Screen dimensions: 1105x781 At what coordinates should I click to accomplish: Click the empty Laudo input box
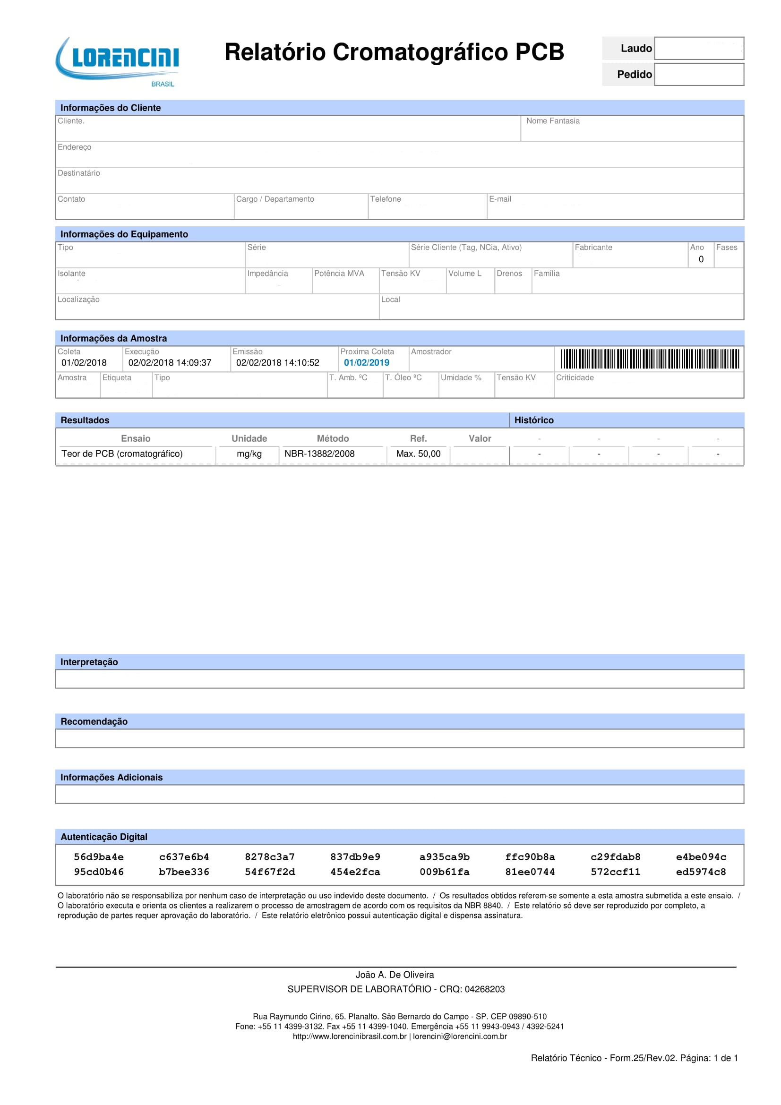[699, 48]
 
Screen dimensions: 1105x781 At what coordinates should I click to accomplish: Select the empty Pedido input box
[699, 75]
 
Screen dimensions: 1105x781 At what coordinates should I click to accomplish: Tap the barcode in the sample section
[650, 359]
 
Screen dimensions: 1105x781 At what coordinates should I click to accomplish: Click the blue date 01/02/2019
[366, 363]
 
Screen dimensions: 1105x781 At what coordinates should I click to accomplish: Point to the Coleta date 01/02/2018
[84, 363]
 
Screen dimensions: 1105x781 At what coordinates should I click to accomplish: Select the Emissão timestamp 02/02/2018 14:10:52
[278, 363]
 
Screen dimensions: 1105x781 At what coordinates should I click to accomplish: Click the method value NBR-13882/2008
[319, 454]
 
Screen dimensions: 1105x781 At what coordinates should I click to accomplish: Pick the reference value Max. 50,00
[418, 454]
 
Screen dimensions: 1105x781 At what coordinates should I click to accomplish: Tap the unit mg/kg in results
[249, 454]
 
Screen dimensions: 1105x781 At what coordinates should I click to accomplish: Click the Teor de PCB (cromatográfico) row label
[122, 454]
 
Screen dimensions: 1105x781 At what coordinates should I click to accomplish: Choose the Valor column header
[480, 438]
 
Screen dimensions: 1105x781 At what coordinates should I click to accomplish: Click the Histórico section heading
[533, 420]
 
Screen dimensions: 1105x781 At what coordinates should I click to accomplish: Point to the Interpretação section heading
[89, 662]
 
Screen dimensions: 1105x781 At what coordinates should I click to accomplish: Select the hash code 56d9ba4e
[99, 857]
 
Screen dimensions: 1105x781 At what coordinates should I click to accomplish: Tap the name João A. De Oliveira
[395, 975]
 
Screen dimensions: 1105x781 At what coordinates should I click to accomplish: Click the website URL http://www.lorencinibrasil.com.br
[349, 1036]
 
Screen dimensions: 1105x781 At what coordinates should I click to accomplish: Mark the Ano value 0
[701, 259]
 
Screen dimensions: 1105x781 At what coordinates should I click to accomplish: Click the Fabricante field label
[593, 248]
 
